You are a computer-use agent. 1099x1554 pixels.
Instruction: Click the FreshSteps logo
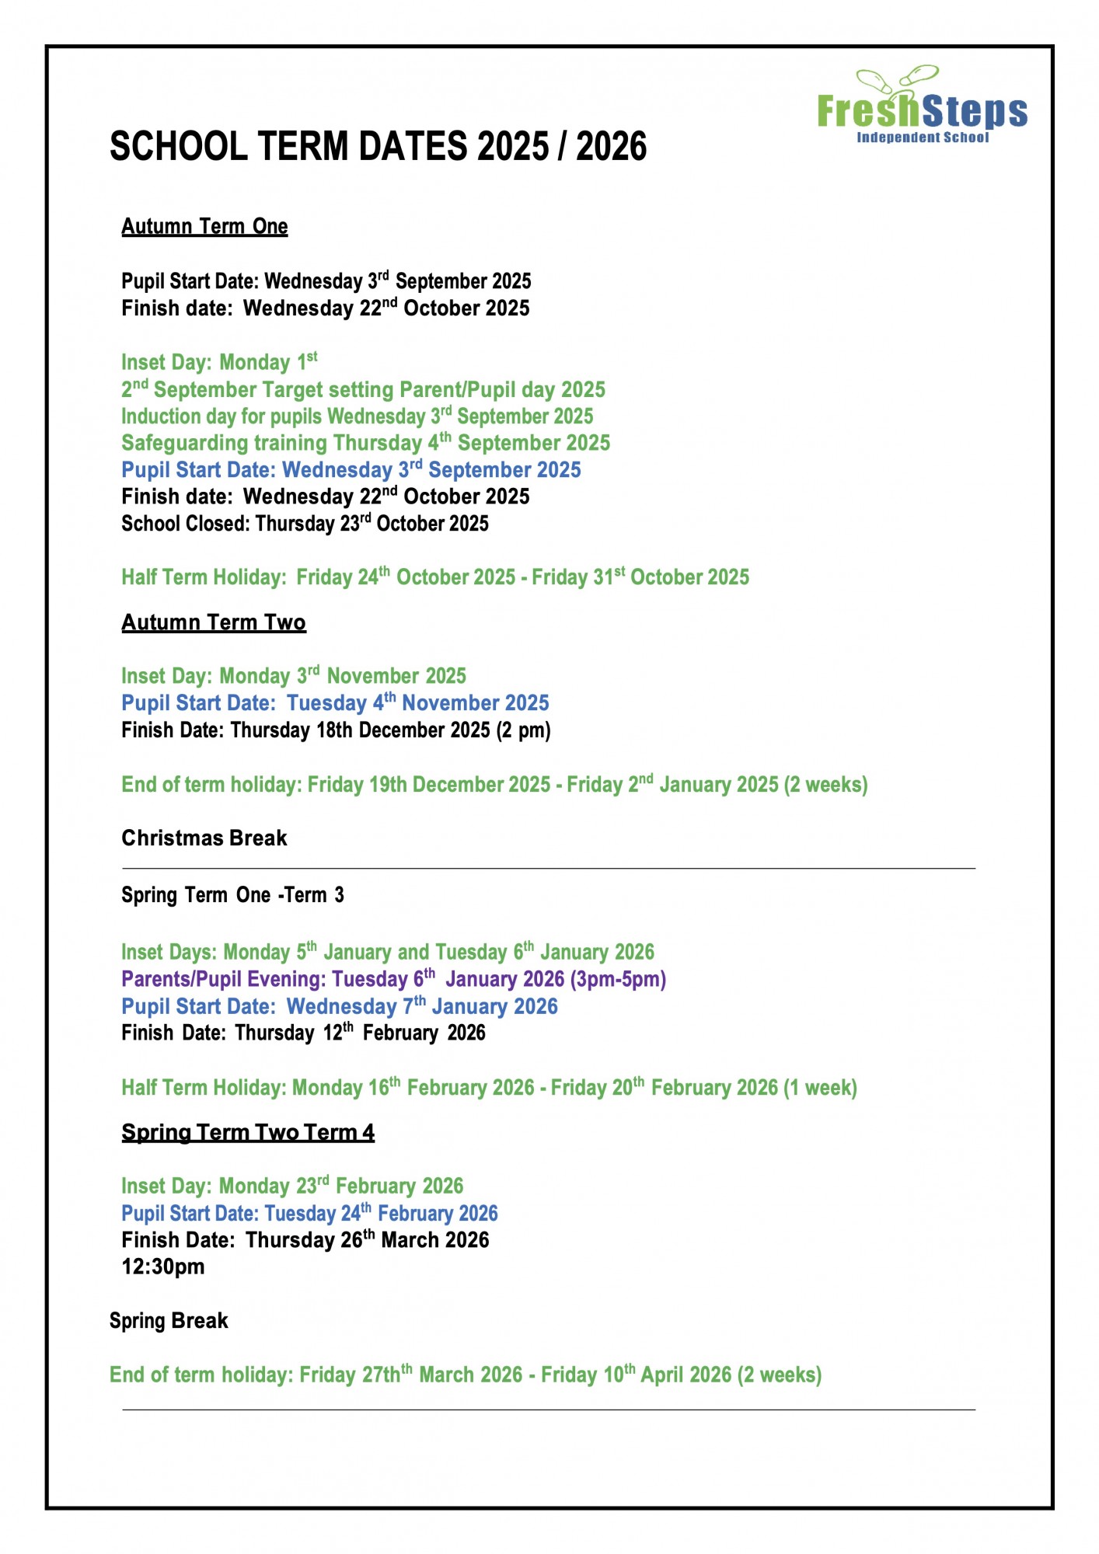tap(922, 105)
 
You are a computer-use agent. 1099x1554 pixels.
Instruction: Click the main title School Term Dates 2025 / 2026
tap(378, 147)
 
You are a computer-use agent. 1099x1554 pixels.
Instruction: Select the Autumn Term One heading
tap(204, 227)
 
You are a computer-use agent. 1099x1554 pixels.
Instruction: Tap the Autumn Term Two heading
tap(214, 623)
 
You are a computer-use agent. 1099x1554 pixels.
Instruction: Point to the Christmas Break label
tap(204, 838)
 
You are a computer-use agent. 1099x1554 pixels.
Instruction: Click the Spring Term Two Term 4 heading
tap(248, 1133)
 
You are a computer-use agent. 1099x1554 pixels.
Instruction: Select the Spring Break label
tap(169, 1321)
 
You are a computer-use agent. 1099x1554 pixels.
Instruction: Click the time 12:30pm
tap(163, 1267)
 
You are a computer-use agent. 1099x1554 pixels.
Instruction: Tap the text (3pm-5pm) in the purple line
tap(619, 980)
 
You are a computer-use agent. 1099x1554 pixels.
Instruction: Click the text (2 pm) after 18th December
tap(524, 730)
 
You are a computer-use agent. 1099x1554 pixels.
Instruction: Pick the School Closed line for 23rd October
tap(305, 524)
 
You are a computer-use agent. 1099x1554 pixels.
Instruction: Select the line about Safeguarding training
tap(365, 443)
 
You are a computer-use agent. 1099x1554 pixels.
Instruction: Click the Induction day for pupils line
tap(357, 416)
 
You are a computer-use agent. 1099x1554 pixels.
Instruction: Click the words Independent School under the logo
tap(923, 138)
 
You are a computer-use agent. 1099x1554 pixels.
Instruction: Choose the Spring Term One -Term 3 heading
tap(232, 895)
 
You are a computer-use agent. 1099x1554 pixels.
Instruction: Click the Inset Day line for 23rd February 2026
tap(292, 1186)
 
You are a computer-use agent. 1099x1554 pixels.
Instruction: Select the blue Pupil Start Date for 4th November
tap(335, 703)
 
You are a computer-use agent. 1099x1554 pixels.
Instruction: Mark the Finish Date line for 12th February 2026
tap(303, 1033)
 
